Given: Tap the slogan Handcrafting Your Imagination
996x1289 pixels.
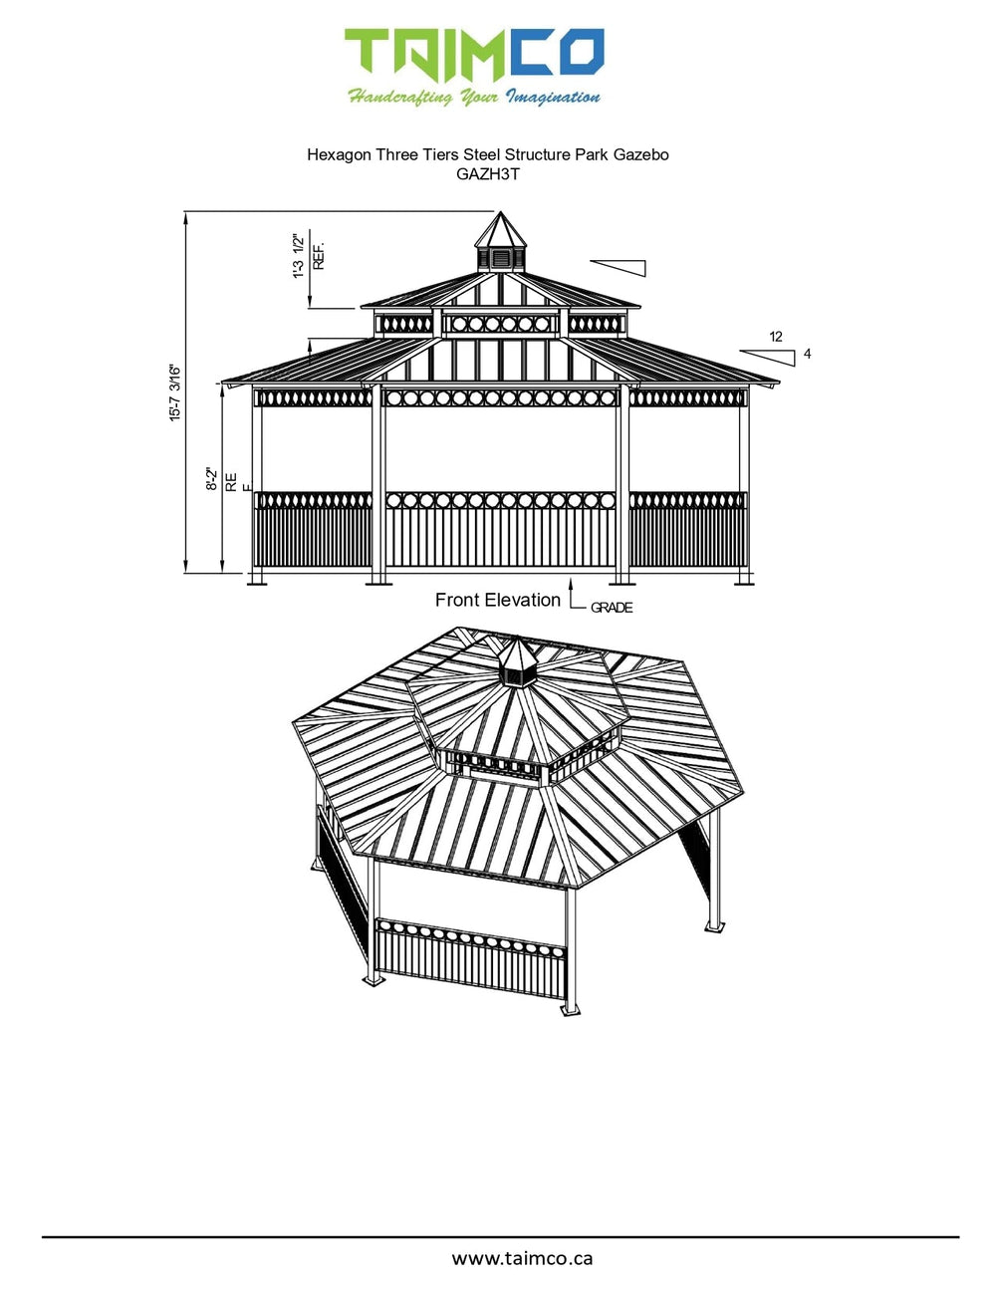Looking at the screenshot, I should (474, 98).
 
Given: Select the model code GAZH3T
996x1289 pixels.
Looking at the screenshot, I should (487, 174).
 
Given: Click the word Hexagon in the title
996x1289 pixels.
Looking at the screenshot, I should (339, 154).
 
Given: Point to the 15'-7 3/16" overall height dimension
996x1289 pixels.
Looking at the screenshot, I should (175, 392).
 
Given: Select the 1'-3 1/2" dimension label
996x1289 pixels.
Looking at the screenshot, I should (298, 256).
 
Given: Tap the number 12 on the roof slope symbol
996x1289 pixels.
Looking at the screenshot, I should (776, 337).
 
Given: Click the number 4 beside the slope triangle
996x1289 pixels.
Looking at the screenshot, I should (807, 354).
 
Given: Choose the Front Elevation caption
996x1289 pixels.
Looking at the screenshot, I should (497, 600).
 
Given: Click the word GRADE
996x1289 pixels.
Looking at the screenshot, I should (612, 608).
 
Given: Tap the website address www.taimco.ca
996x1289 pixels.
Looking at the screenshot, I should (522, 1258).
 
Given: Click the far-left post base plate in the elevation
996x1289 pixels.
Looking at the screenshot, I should (257, 582).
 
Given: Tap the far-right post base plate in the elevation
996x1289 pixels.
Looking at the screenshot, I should (743, 582).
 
